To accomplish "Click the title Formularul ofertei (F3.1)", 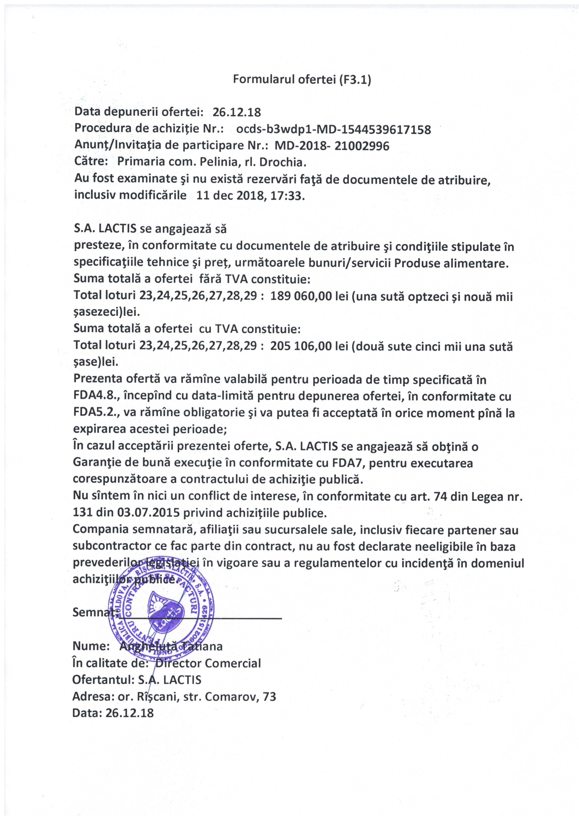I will point(302,79).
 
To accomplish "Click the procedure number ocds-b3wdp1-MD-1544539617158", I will point(333,129).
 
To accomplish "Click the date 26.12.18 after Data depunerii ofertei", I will point(237,112).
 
